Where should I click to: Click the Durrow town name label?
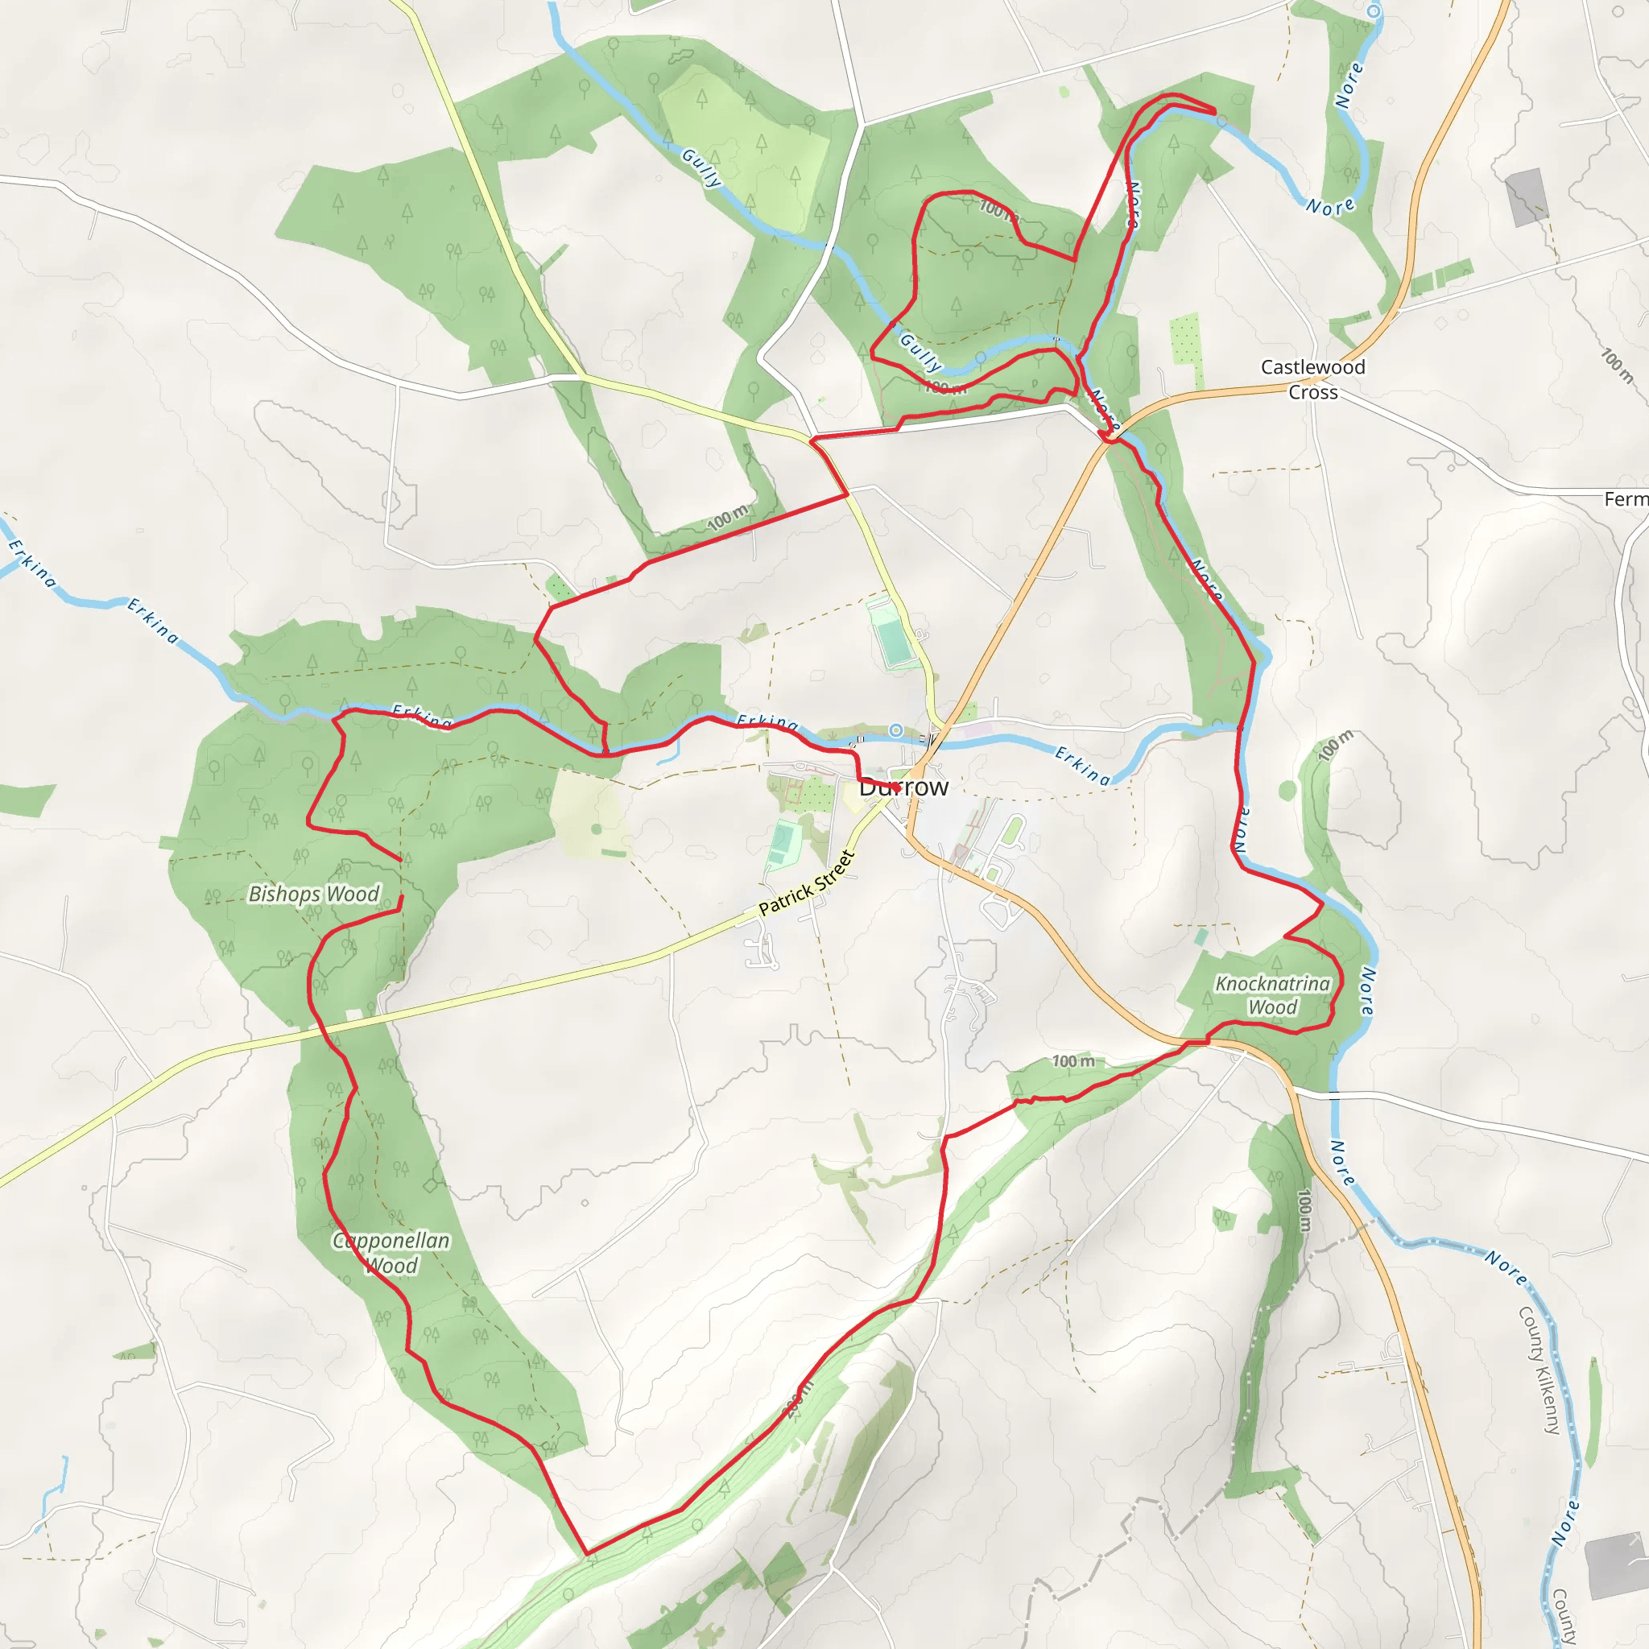tap(903, 787)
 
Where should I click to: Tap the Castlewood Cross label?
tap(1312, 379)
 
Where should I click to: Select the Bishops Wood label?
tap(313, 894)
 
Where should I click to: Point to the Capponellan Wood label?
tap(391, 1253)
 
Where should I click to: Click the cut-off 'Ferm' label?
tap(1625, 499)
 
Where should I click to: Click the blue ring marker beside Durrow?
tap(895, 729)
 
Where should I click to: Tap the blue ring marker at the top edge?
tap(1374, 11)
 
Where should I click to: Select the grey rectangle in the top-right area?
tap(1526, 196)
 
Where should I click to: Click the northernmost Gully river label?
tap(701, 167)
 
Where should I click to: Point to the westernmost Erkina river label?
tap(32, 564)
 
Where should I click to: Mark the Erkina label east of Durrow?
tap(1082, 765)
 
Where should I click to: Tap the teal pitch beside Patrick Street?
tap(781, 843)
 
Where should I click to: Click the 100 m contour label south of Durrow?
tap(1072, 1061)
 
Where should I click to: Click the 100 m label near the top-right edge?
tap(1618, 366)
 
